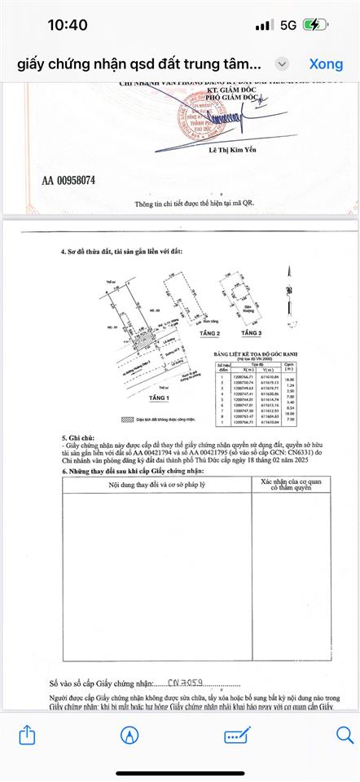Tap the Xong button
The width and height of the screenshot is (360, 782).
(326, 64)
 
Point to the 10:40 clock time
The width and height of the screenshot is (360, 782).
(68, 25)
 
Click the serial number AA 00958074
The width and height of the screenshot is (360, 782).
(68, 180)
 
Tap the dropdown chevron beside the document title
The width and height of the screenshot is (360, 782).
(281, 64)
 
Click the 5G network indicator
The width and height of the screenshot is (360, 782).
(287, 25)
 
